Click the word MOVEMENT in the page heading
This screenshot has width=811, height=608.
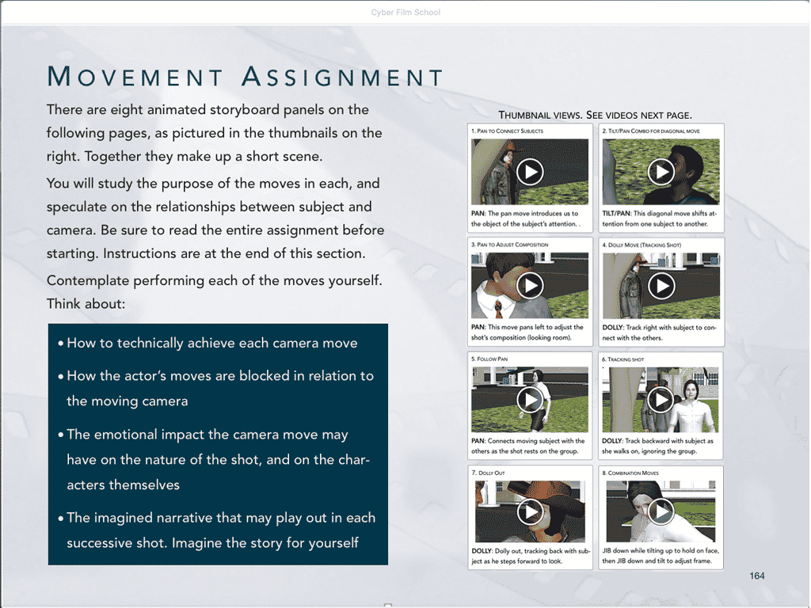click(x=135, y=77)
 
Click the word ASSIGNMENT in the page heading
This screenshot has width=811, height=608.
click(x=342, y=77)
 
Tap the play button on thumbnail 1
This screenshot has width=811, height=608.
click(x=530, y=171)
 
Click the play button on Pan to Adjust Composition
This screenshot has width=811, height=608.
click(x=530, y=285)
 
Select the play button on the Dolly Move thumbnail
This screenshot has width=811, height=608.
click(x=661, y=285)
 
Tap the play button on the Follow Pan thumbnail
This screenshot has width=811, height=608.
click(x=530, y=399)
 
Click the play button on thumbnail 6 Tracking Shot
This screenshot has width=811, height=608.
click(x=661, y=399)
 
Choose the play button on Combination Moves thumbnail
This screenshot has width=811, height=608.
click(x=661, y=512)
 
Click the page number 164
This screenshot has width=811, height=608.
click(x=756, y=576)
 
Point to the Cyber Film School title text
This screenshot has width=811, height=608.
click(x=405, y=13)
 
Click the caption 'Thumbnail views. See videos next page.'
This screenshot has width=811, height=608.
click(x=595, y=115)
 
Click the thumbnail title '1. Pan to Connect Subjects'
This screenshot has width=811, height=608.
click(x=507, y=131)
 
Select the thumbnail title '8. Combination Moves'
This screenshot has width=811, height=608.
click(x=634, y=473)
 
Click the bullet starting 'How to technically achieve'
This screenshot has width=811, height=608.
click(x=212, y=344)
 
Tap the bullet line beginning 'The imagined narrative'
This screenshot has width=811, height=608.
click(x=220, y=518)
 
